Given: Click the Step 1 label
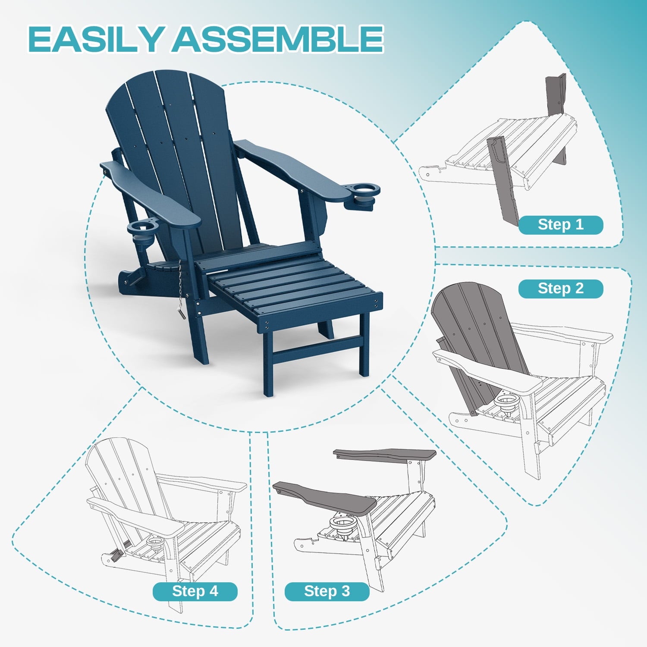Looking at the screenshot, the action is tap(560, 225).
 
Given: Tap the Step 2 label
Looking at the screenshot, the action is tap(560, 289).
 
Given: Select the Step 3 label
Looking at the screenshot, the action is tap(327, 591).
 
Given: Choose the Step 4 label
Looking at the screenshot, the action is tap(195, 591).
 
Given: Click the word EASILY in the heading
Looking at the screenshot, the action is tap(96, 39).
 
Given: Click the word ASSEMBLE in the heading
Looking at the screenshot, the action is tap(278, 39).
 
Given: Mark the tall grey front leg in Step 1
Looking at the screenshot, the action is tap(504, 180).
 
